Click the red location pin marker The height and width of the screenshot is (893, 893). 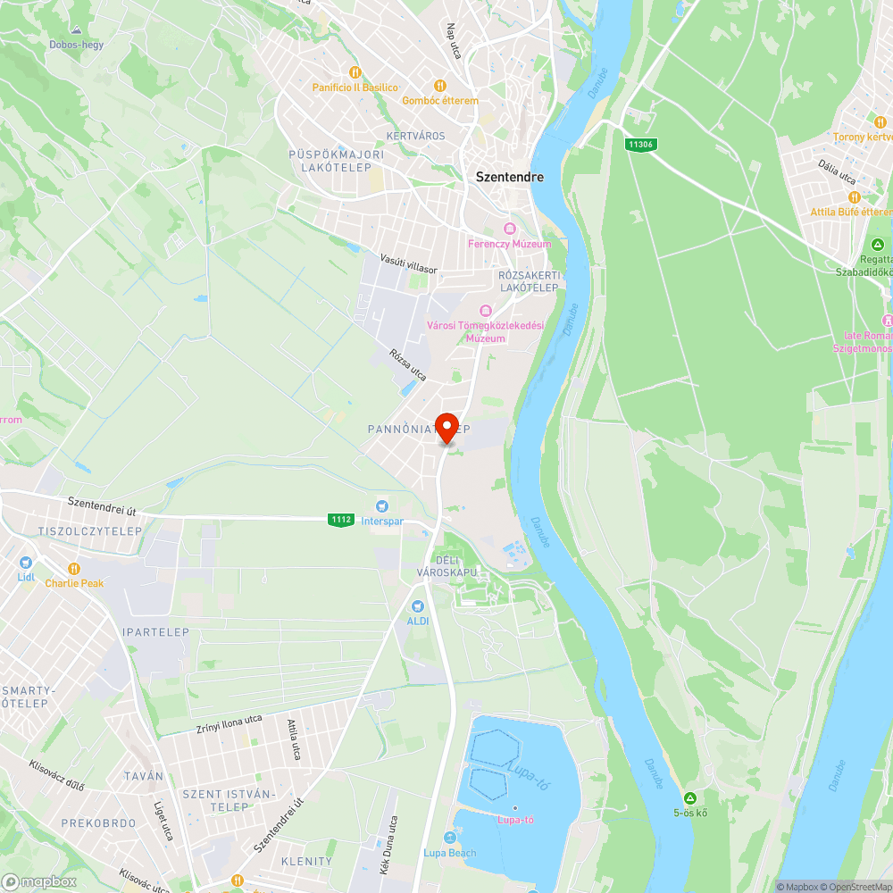[446, 427]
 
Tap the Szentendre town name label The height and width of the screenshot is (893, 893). [509, 177]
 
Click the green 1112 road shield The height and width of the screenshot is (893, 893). [340, 520]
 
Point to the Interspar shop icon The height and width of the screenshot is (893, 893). [382, 506]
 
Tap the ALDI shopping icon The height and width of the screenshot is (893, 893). [417, 606]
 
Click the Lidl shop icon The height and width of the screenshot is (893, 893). [25, 563]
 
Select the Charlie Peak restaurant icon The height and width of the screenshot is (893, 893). [74, 569]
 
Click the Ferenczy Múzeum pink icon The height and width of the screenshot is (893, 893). [509, 230]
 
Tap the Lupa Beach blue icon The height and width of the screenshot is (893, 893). [449, 838]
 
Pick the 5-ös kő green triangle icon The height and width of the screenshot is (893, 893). [689, 798]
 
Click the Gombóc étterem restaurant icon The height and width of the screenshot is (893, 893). [440, 87]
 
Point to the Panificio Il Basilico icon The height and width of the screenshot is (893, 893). [355, 72]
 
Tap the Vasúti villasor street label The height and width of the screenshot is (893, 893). [409, 263]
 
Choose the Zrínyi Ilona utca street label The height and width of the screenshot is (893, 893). [229, 724]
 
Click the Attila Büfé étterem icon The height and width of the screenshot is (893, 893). [854, 197]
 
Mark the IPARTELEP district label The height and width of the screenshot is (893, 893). [155, 632]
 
